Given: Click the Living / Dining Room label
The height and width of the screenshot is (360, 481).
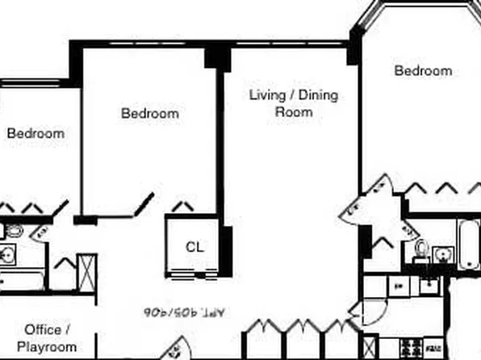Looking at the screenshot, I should click(x=293, y=103).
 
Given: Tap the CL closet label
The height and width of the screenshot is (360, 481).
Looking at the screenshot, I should click(x=194, y=247).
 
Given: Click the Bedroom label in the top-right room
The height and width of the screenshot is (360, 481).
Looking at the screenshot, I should click(x=423, y=71).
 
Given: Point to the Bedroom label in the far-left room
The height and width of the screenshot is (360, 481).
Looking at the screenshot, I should click(x=36, y=133).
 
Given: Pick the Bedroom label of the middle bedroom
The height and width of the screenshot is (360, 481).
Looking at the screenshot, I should click(x=149, y=114).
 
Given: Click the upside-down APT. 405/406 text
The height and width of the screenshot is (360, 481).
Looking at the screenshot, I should click(x=177, y=309).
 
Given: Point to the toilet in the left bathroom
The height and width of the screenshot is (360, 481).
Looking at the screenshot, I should click(x=12, y=232).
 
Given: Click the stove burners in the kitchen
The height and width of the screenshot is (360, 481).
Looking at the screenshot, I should click(x=407, y=349).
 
